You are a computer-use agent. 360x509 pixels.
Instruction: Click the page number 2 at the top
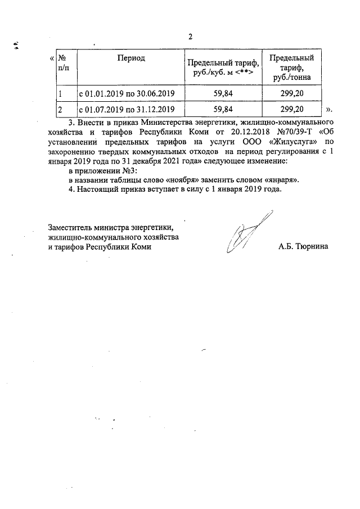(x=190, y=37)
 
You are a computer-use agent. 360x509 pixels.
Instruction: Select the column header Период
(x=131, y=58)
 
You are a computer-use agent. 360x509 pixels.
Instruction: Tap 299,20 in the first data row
(x=292, y=93)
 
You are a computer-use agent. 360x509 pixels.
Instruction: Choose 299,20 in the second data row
(x=292, y=109)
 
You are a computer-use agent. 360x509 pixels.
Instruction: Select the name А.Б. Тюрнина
(x=302, y=246)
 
